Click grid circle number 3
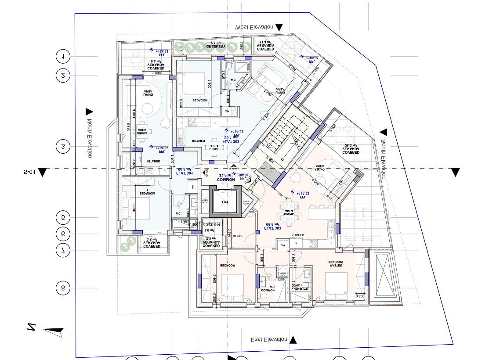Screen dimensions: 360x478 [63, 147]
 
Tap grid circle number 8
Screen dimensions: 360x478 [63, 288]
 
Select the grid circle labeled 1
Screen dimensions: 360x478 [63, 56]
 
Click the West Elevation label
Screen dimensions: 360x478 [254, 27]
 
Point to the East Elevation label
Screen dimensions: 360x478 [269, 340]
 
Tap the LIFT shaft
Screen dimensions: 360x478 [225, 201]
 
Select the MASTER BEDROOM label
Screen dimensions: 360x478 [336, 264]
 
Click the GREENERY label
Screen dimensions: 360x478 [217, 46]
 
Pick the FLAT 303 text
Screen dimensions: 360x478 [273, 228]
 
